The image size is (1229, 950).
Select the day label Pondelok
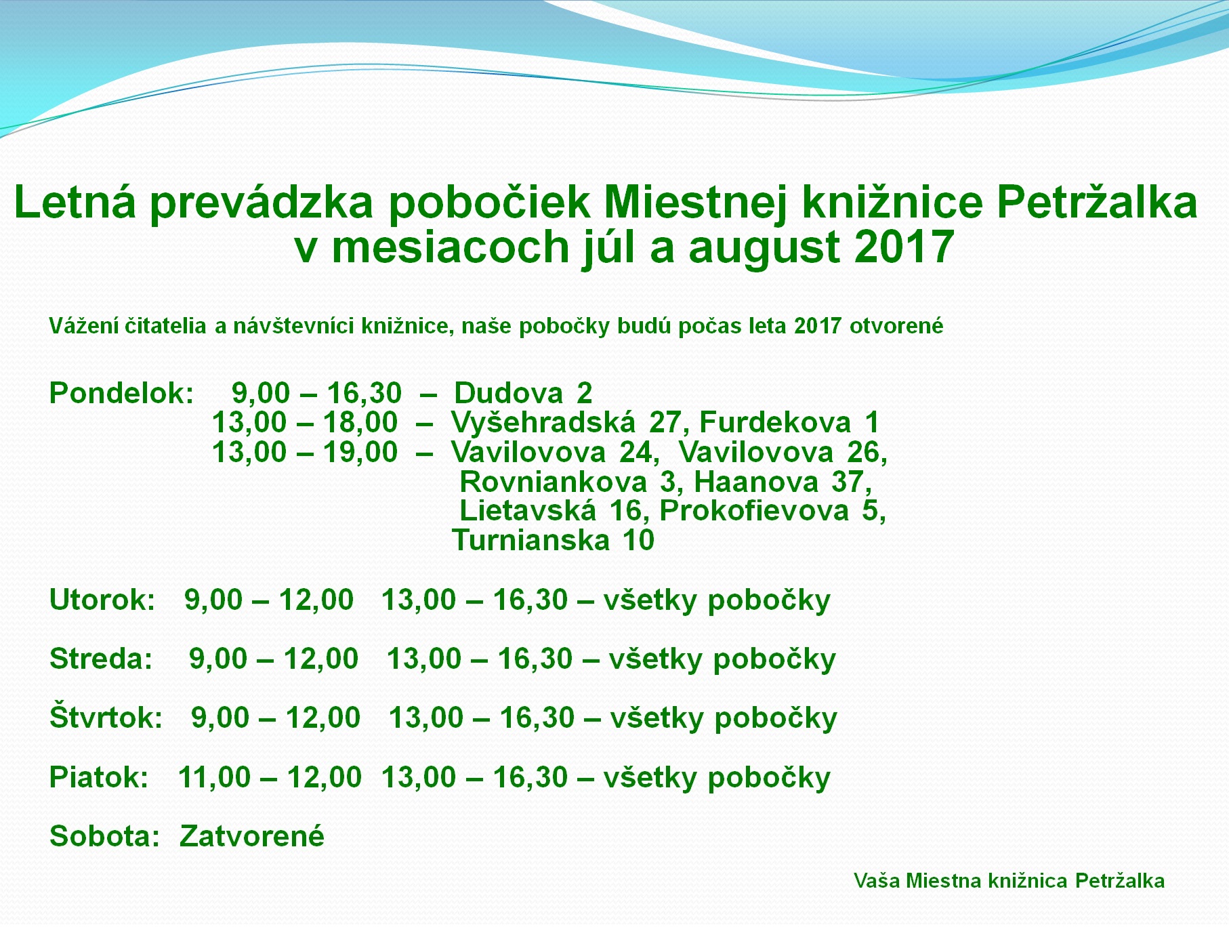[122, 393]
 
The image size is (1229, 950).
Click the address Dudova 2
[523, 393]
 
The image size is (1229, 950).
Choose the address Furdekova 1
[789, 422]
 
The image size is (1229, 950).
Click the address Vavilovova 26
[783, 453]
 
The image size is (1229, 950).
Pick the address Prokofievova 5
[772, 511]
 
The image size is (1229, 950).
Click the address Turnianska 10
[553, 540]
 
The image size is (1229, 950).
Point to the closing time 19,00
[360, 453]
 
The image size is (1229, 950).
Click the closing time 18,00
[360, 423]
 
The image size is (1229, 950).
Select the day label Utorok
[103, 600]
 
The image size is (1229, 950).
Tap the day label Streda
[101, 659]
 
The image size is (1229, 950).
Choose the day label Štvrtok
[106, 717]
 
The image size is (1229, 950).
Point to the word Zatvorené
[252, 836]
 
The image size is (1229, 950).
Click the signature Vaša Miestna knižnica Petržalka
[1009, 881]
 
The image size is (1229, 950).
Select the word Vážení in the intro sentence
[84, 326]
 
